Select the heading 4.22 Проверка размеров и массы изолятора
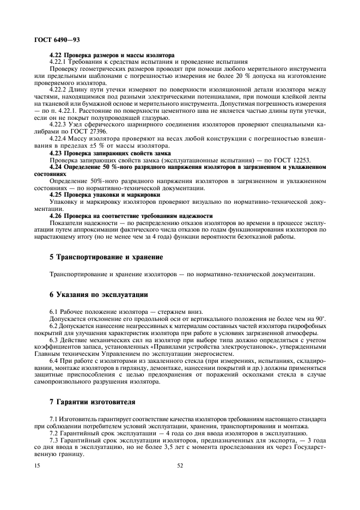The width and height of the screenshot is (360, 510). (112, 56)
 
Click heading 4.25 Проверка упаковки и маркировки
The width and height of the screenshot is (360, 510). (105, 194)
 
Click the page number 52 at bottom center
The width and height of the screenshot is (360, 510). (180, 466)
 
